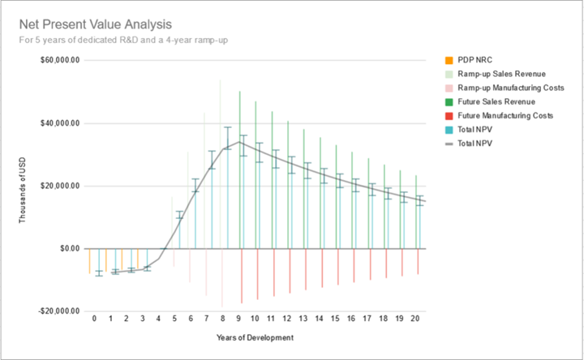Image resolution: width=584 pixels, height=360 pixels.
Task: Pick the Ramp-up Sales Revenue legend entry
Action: pos(500,74)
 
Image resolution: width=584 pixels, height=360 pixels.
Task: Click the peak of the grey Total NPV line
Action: pos(239,142)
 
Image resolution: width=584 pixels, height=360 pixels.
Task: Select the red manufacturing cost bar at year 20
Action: pos(419,261)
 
